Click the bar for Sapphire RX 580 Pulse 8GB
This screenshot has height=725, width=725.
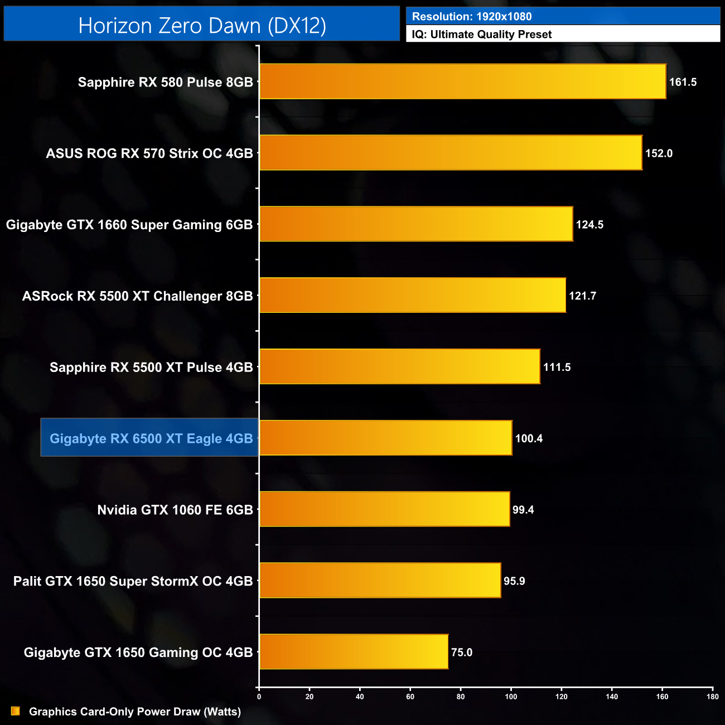click(463, 81)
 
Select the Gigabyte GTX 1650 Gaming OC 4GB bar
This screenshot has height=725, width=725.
click(354, 651)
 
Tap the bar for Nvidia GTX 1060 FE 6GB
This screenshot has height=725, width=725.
click(385, 509)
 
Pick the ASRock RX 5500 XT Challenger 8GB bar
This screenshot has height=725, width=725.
click(413, 295)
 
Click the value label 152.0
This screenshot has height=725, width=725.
click(659, 153)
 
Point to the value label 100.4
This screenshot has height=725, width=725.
click(529, 438)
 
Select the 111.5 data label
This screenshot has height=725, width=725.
click(557, 367)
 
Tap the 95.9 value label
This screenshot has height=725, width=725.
click(514, 581)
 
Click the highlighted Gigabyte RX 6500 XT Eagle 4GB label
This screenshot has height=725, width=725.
click(151, 438)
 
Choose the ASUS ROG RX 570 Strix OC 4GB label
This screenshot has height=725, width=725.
click(149, 153)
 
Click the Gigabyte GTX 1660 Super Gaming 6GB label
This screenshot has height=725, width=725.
click(129, 225)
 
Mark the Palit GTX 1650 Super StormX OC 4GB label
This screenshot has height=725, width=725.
click(133, 581)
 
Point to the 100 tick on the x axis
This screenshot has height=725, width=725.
click(511, 696)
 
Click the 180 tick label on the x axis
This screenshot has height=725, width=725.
click(712, 696)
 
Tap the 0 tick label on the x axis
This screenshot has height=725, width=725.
click(259, 696)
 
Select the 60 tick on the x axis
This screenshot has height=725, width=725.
click(410, 696)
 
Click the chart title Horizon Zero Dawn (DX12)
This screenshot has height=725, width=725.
click(202, 26)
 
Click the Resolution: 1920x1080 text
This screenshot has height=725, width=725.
click(472, 17)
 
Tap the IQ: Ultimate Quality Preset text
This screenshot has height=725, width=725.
click(482, 35)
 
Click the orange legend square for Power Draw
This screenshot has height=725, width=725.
click(16, 711)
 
